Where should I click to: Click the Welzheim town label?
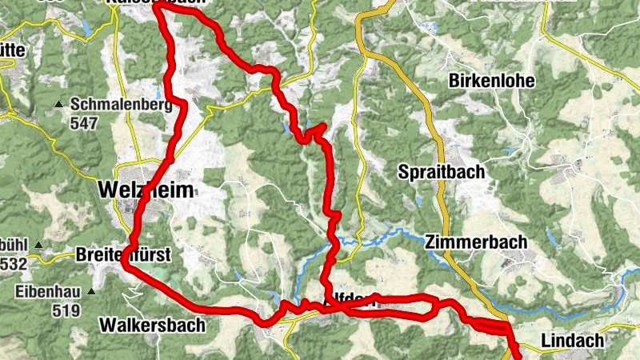(149, 189)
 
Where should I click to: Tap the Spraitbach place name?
(442, 171)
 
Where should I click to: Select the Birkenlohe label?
(491, 82)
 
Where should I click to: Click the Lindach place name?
(572, 341)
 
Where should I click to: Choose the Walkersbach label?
(153, 326)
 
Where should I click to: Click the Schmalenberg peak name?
(122, 105)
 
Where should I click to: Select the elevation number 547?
(83, 123)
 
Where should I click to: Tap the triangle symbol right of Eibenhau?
(91, 292)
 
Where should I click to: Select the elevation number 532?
(14, 264)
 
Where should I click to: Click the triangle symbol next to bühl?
(37, 245)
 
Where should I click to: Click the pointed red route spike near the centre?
(323, 126)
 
